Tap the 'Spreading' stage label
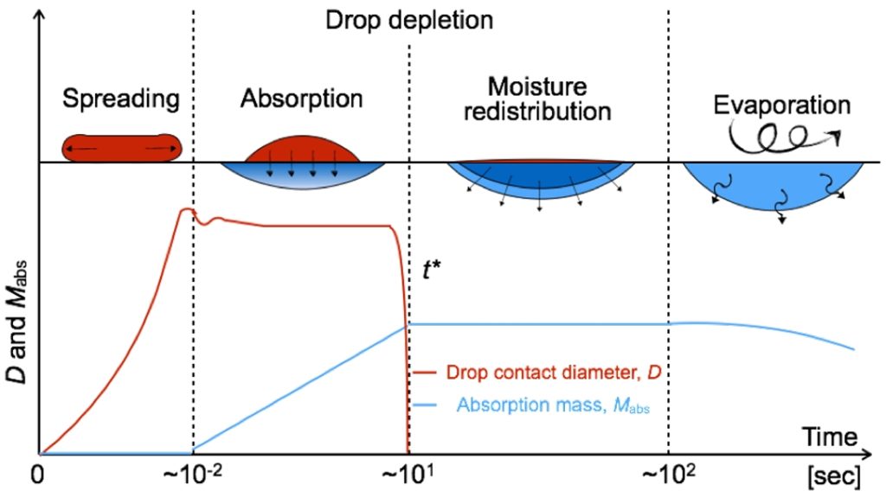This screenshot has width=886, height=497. (x=121, y=99)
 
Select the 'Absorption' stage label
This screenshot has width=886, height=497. (x=300, y=99)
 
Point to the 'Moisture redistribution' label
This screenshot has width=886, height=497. (x=536, y=99)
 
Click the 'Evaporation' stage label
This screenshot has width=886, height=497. (x=781, y=105)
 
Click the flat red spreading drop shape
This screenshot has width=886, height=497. (x=121, y=149)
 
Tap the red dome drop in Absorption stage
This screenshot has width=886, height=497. (x=301, y=149)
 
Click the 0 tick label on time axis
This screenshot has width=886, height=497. (x=37, y=476)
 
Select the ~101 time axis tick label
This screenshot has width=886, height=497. (x=408, y=476)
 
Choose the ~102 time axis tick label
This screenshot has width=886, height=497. (x=669, y=476)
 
